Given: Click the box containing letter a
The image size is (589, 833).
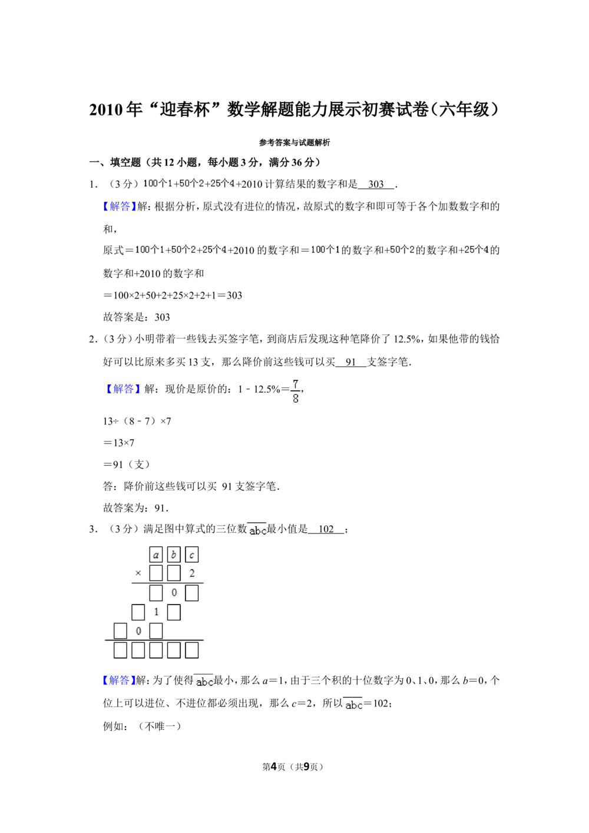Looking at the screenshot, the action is click(155, 555).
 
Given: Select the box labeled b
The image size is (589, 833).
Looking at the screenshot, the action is click(174, 555).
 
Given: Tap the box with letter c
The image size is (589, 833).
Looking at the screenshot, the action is click(191, 555).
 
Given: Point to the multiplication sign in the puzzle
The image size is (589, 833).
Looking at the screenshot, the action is click(138, 573).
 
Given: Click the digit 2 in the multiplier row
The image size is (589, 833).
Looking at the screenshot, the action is click(192, 573).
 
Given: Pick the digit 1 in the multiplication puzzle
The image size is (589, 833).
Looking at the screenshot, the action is click(156, 612).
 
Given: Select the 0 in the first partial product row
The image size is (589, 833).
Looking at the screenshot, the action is click(174, 593).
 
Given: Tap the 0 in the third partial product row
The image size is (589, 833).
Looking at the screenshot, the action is click(138, 631).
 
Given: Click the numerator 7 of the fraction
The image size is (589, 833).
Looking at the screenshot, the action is click(295, 384).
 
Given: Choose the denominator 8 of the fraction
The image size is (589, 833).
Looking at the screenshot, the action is click(295, 399).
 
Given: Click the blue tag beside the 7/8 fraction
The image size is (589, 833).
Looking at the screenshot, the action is click(123, 389).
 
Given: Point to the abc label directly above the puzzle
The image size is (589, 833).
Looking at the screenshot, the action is click(257, 530).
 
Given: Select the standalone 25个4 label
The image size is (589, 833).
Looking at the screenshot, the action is click(476, 250).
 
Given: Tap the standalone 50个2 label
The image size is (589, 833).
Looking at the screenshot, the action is click(402, 250).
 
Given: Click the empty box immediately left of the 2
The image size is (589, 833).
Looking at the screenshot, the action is click(174, 573).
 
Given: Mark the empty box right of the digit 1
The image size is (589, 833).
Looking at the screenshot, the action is click(174, 612).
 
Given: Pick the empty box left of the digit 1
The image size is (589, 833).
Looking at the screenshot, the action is click(138, 612).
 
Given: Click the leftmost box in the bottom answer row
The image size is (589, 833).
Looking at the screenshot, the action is click(120, 650).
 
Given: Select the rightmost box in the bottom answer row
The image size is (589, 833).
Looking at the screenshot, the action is click(191, 650).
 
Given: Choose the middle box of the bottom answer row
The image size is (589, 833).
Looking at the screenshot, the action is click(156, 650).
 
